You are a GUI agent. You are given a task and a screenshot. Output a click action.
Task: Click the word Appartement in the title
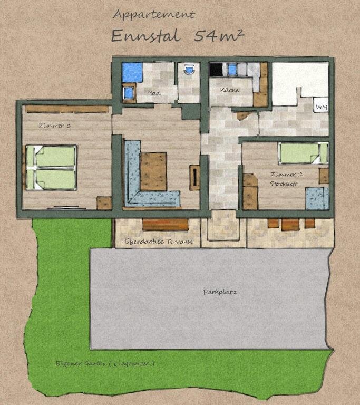coord(154,15)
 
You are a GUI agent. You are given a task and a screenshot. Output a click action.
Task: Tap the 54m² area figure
coord(219,35)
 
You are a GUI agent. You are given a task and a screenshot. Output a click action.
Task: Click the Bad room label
coord(154,93)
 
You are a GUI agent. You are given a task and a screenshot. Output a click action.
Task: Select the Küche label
coord(230,90)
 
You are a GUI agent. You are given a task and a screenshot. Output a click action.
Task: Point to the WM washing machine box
coord(322,107)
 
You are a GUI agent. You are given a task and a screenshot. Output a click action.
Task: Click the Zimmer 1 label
coord(54,126)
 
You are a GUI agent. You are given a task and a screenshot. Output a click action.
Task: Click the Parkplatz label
coord(220,292)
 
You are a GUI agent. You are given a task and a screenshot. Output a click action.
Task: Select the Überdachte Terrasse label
coord(159,242)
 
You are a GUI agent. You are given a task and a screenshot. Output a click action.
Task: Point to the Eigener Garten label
coord(105,363)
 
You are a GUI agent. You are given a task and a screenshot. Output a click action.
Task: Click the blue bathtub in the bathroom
coord(132,72)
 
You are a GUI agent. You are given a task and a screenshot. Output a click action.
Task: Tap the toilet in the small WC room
coord(189,69)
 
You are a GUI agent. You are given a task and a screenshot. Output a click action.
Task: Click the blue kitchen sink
coord(232,69)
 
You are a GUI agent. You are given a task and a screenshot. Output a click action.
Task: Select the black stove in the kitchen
coord(216,70)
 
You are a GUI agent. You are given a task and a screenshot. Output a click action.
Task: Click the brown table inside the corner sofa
coord(153,171)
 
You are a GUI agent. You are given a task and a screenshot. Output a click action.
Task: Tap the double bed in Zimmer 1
coord(52,168)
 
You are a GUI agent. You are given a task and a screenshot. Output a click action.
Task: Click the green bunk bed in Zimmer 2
coord(303,153)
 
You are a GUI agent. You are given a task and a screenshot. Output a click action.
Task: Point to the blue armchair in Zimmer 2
coord(317,198)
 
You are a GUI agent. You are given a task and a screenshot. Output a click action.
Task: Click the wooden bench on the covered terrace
coord(166,225)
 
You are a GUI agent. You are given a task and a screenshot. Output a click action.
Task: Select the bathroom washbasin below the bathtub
coord(129,93)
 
